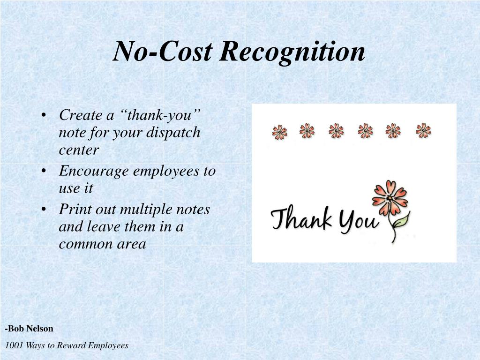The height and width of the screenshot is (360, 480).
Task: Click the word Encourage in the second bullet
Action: click(x=94, y=171)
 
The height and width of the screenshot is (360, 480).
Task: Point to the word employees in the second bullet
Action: click(x=167, y=171)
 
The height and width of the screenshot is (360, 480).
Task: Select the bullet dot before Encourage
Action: click(x=44, y=172)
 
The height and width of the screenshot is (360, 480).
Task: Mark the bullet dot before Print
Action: click(x=44, y=210)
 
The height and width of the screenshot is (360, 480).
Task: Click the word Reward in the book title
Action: click(x=70, y=345)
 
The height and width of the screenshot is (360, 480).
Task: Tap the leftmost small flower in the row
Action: click(x=279, y=132)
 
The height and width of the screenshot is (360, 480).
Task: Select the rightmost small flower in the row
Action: click(x=423, y=130)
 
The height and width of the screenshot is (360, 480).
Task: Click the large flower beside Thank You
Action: click(x=390, y=197)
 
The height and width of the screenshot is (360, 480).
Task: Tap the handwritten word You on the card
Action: click(x=359, y=221)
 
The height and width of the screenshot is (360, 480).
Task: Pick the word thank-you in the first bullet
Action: click(x=164, y=115)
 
